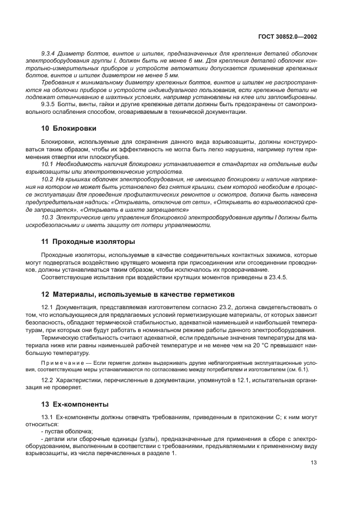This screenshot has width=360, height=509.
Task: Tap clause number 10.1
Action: click(47, 163)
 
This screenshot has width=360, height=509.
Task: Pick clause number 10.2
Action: click(47, 179)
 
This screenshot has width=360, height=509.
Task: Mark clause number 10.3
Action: click(47, 217)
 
